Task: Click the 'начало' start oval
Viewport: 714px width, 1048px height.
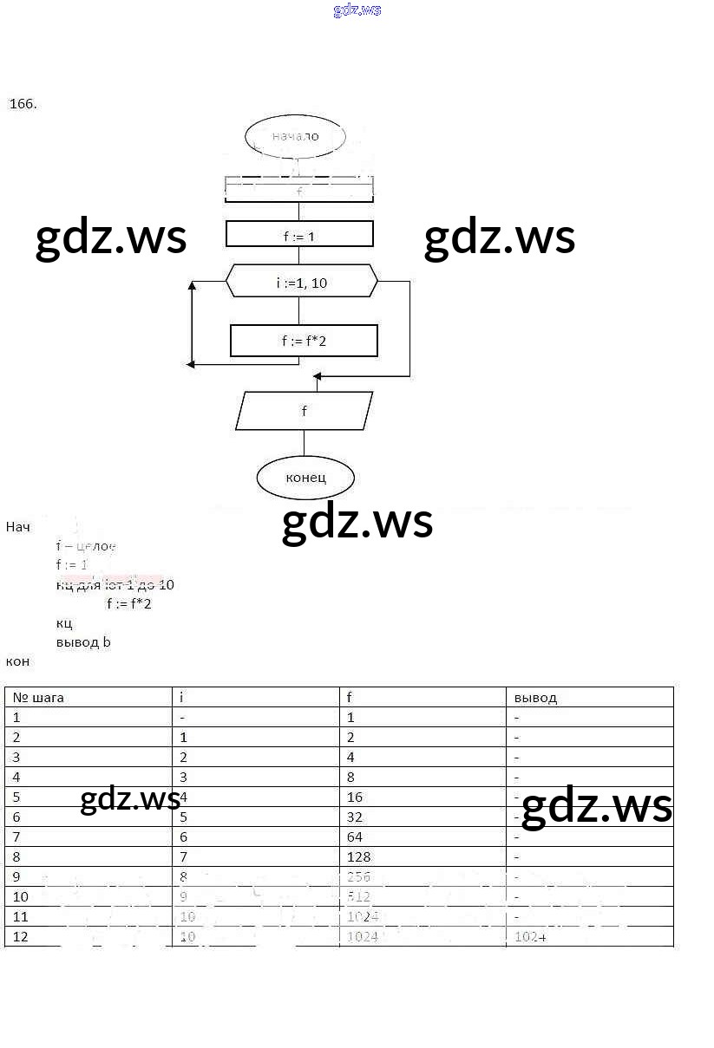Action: click(295, 136)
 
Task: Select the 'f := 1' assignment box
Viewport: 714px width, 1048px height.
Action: click(299, 235)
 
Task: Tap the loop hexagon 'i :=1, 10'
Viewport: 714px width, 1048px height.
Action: click(302, 283)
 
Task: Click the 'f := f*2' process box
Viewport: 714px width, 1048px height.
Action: click(304, 341)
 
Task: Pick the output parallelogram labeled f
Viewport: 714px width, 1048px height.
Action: click(304, 411)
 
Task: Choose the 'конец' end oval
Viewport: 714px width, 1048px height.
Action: click(305, 477)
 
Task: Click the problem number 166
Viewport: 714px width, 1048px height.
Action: click(23, 104)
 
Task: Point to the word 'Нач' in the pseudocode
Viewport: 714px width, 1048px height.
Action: click(18, 527)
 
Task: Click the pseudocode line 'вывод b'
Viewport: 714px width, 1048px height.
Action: click(83, 642)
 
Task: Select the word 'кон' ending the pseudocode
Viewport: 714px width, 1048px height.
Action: click(18, 661)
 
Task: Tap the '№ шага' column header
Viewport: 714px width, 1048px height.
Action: click(38, 697)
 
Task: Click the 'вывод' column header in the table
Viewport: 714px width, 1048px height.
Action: click(535, 697)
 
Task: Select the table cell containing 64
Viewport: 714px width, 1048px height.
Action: click(355, 836)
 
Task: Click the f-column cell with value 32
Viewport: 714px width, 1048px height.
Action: click(355, 817)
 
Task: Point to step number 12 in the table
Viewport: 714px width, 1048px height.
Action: click(21, 936)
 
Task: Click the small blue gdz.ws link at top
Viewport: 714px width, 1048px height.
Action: click(357, 10)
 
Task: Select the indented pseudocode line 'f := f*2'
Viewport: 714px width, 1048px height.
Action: click(128, 603)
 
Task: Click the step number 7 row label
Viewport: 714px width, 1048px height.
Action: click(16, 836)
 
